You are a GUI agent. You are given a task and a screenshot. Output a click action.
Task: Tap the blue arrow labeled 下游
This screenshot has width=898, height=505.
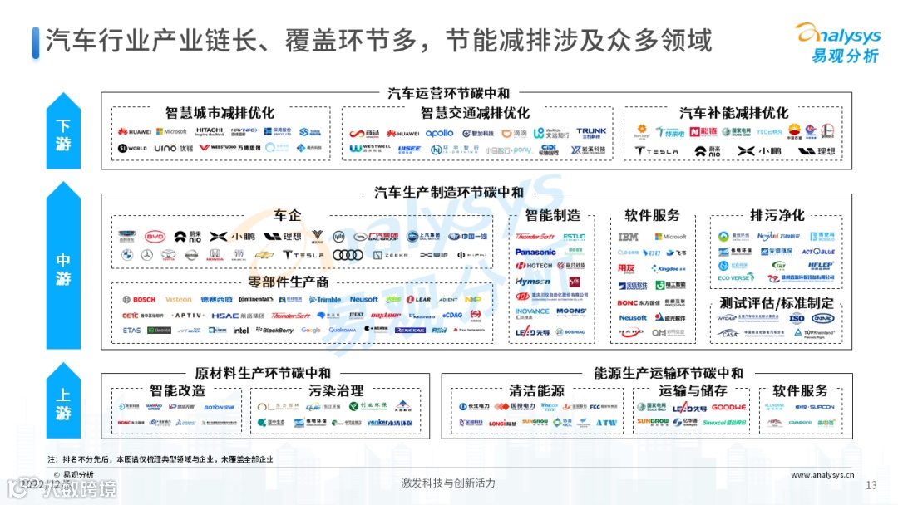point(63,132)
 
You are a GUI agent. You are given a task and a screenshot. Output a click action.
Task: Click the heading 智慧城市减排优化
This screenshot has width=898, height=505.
point(220,113)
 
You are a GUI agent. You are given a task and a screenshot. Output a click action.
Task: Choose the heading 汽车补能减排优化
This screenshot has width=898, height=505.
point(733,113)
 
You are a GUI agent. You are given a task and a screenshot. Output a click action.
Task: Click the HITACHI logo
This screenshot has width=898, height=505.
point(210,131)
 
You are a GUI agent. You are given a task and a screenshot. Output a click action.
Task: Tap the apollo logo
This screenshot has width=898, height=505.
point(439,133)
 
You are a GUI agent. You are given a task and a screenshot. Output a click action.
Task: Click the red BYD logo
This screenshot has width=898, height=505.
point(155,236)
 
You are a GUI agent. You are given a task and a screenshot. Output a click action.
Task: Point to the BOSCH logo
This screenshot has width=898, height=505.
point(139,299)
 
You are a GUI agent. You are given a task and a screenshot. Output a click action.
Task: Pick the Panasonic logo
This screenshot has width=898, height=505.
point(535,252)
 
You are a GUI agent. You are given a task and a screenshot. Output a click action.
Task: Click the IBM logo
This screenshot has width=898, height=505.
point(629,237)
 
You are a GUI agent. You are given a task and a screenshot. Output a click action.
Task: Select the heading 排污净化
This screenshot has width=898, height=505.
point(777,215)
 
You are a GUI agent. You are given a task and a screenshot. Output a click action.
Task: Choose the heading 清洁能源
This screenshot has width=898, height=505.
point(536,390)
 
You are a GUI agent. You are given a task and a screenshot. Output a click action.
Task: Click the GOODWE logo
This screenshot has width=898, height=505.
point(728,407)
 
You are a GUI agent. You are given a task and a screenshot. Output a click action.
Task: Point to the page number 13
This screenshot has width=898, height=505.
point(871,485)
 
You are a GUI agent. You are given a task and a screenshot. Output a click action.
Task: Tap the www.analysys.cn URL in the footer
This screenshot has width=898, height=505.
point(823,475)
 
